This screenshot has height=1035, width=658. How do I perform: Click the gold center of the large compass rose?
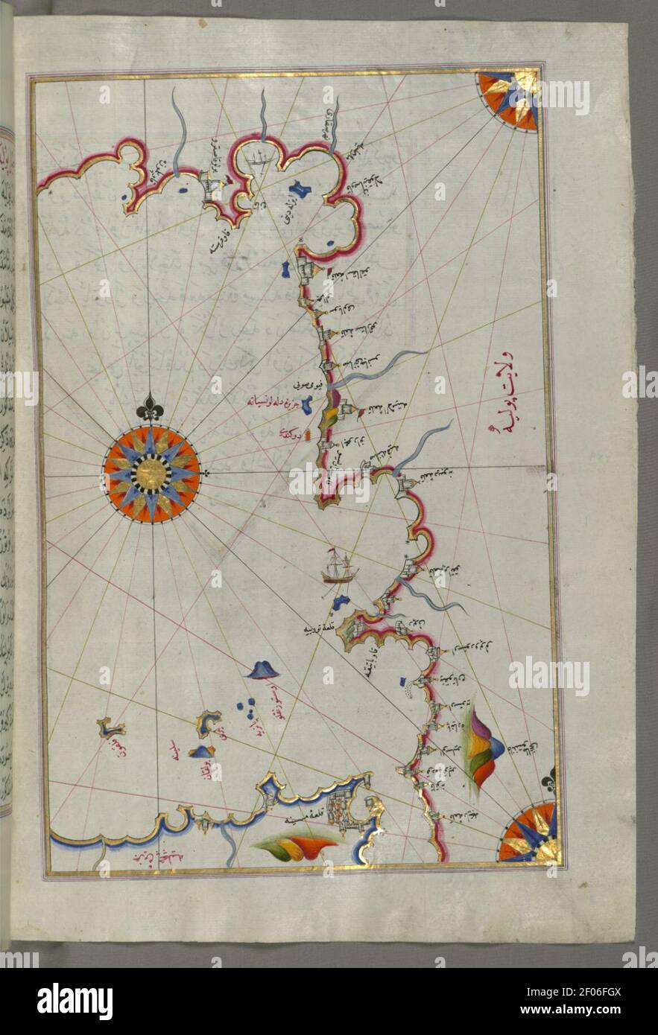[151, 474]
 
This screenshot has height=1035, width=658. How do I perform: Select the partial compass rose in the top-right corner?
[510, 100]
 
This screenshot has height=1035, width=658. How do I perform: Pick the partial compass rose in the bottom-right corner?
[531, 831]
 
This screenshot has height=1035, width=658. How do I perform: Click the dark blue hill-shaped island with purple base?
[261, 669]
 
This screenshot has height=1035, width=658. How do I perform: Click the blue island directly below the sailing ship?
[341, 601]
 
